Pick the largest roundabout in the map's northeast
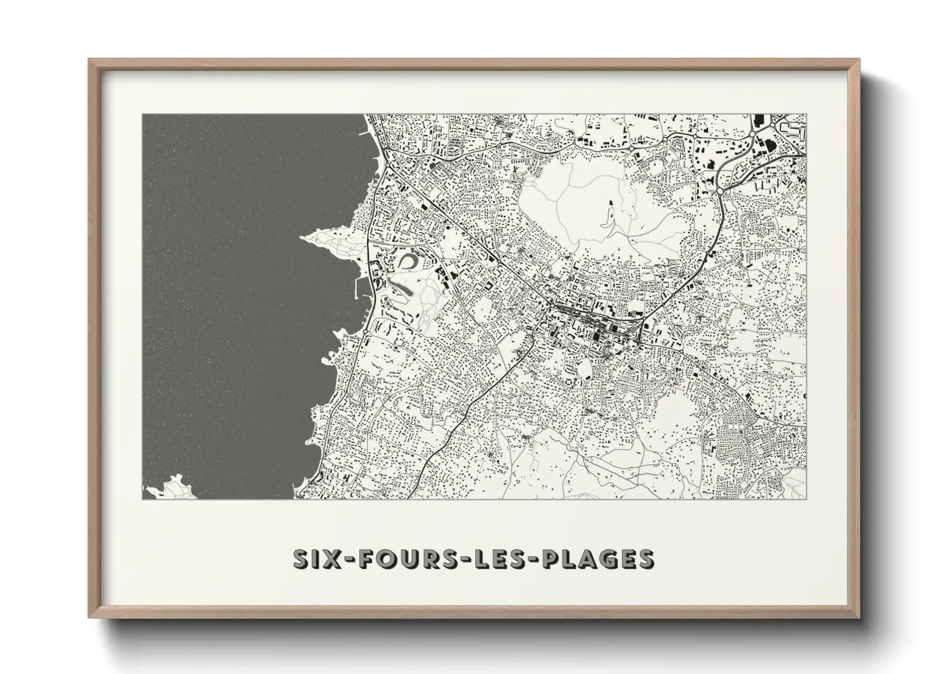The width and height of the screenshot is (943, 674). [720, 189]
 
